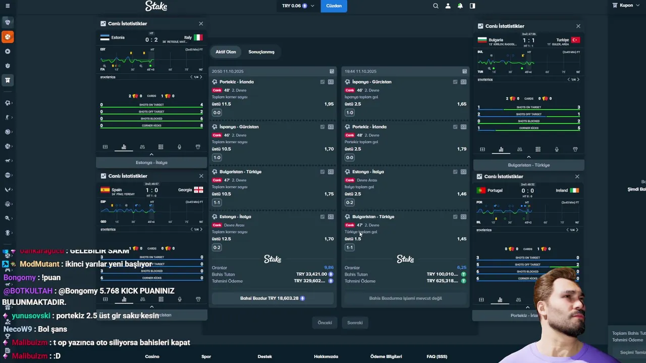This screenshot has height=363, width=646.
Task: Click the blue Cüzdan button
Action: (x=334, y=6)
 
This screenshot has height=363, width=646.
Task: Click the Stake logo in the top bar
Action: (x=156, y=6)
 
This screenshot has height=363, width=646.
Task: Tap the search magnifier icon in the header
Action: (x=436, y=6)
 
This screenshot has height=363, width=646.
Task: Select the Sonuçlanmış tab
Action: (x=261, y=52)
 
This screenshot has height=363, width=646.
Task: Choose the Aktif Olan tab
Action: (x=226, y=52)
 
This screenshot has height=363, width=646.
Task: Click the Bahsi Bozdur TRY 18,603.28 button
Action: (x=273, y=298)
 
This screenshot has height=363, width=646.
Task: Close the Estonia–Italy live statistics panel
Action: (x=201, y=24)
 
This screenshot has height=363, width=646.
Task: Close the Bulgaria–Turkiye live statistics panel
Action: (x=578, y=26)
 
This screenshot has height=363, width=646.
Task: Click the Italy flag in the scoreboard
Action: (x=198, y=37)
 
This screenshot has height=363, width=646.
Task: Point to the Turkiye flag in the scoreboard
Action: (x=575, y=40)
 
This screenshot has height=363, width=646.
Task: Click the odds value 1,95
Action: (x=329, y=104)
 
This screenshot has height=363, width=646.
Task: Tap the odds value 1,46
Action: (x=461, y=194)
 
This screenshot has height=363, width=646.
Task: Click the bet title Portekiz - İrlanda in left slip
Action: (x=237, y=82)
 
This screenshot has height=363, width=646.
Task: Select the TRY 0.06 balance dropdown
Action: (x=298, y=6)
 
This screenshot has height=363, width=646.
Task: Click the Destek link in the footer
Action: (x=264, y=356)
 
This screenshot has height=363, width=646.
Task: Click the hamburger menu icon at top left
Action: (x=7, y=6)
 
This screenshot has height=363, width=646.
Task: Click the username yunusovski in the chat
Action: (x=31, y=316)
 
